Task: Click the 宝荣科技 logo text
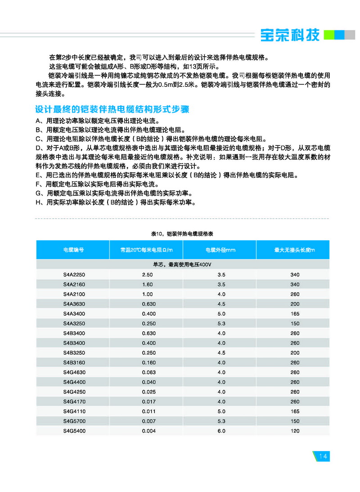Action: (290, 35)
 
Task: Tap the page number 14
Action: (323, 456)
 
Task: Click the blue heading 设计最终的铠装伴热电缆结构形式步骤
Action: (112, 109)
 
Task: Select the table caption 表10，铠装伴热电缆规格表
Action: (182, 234)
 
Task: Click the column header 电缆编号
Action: (73, 250)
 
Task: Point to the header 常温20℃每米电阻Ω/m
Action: (146, 250)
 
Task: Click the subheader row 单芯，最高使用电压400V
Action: (182, 265)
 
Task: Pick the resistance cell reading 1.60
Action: (147, 284)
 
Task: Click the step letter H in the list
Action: (38, 203)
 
